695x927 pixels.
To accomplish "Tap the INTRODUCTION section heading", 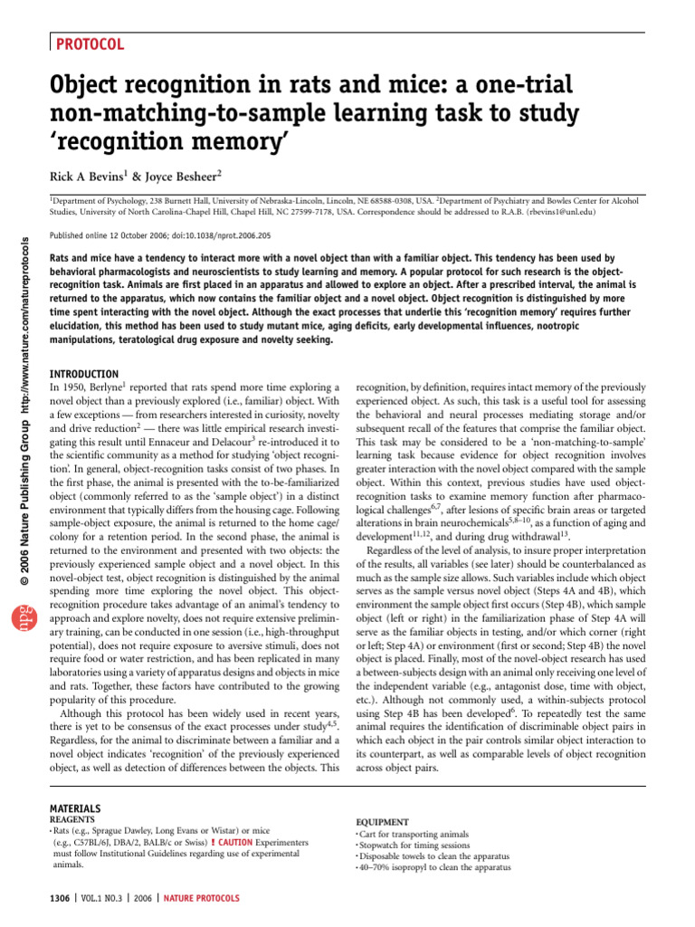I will click(x=82, y=374).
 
